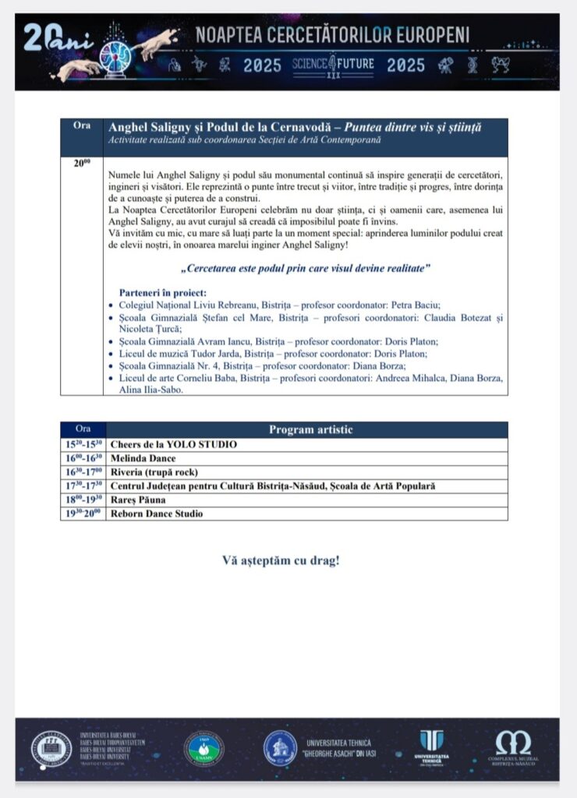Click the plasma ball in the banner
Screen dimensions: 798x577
click(118, 51)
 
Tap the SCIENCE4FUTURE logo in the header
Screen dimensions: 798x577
click(333, 65)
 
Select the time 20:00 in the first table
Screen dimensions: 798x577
click(82, 163)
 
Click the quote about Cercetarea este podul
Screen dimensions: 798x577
click(306, 269)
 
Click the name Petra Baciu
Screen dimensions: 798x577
click(445, 305)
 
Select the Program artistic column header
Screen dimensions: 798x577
click(310, 429)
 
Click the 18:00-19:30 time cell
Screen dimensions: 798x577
click(82, 500)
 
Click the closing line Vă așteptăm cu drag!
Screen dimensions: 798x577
click(281, 560)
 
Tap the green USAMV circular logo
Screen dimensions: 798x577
click(204, 747)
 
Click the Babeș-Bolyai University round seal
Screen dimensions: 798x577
click(51, 748)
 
